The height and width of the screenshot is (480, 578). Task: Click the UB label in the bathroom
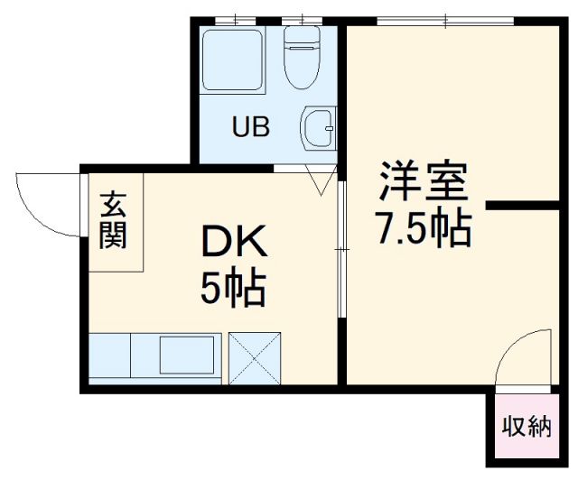coord(252,127)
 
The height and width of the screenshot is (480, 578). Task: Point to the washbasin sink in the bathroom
coord(317,130)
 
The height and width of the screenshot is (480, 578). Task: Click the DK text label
coord(232,243)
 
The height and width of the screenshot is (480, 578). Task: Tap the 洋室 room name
coord(423,184)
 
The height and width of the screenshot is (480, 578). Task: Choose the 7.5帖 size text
coord(423,230)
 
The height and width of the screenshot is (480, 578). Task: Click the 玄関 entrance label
coord(113,221)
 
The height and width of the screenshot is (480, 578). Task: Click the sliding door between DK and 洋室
coord(341,248)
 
